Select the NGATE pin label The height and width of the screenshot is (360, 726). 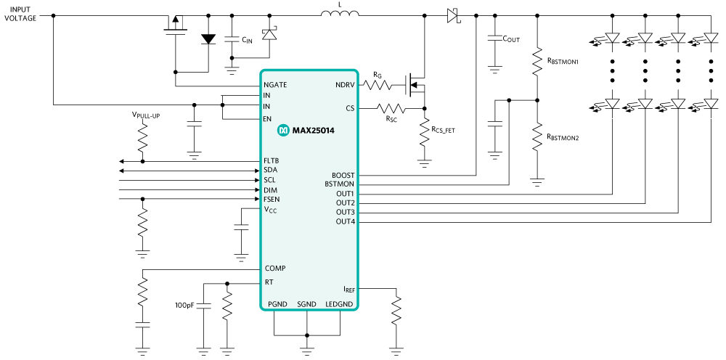(x=276, y=85)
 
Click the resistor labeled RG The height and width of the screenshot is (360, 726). (x=377, y=86)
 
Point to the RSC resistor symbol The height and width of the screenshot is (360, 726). (x=391, y=108)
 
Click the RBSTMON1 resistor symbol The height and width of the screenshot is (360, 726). (x=537, y=62)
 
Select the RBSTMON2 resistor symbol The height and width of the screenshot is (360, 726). (x=537, y=136)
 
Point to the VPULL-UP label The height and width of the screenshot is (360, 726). (x=146, y=115)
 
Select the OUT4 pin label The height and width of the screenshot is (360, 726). (x=345, y=221)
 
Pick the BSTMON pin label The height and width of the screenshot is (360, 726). (x=340, y=184)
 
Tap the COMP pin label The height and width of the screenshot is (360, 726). (x=275, y=269)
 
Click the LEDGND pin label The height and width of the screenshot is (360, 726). (x=339, y=303)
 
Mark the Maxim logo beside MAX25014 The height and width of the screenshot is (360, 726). (x=283, y=131)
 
